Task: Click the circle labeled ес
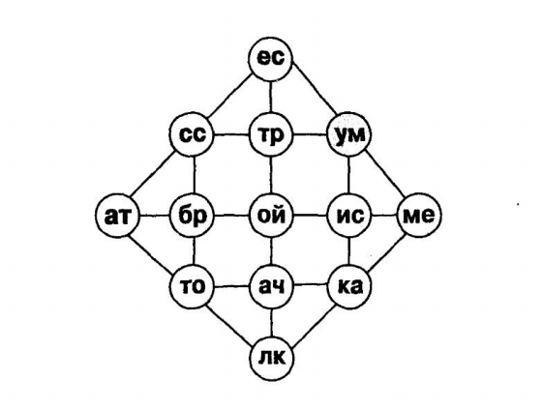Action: (x=271, y=59)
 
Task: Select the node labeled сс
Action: (x=193, y=134)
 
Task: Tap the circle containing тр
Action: (x=271, y=134)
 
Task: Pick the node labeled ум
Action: (x=349, y=134)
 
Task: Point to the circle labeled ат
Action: (x=117, y=216)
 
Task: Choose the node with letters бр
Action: (x=193, y=216)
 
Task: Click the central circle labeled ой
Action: (x=271, y=216)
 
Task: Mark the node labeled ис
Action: (x=349, y=216)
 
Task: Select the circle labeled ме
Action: (x=419, y=215)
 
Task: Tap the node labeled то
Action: (x=193, y=286)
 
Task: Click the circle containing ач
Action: (x=271, y=286)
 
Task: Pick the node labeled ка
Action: (x=349, y=286)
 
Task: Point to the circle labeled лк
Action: (x=271, y=358)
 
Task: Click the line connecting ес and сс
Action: (x=230, y=96)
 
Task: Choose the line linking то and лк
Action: (x=231, y=323)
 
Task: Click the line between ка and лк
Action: (x=313, y=326)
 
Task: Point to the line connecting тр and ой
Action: (x=271, y=175)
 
